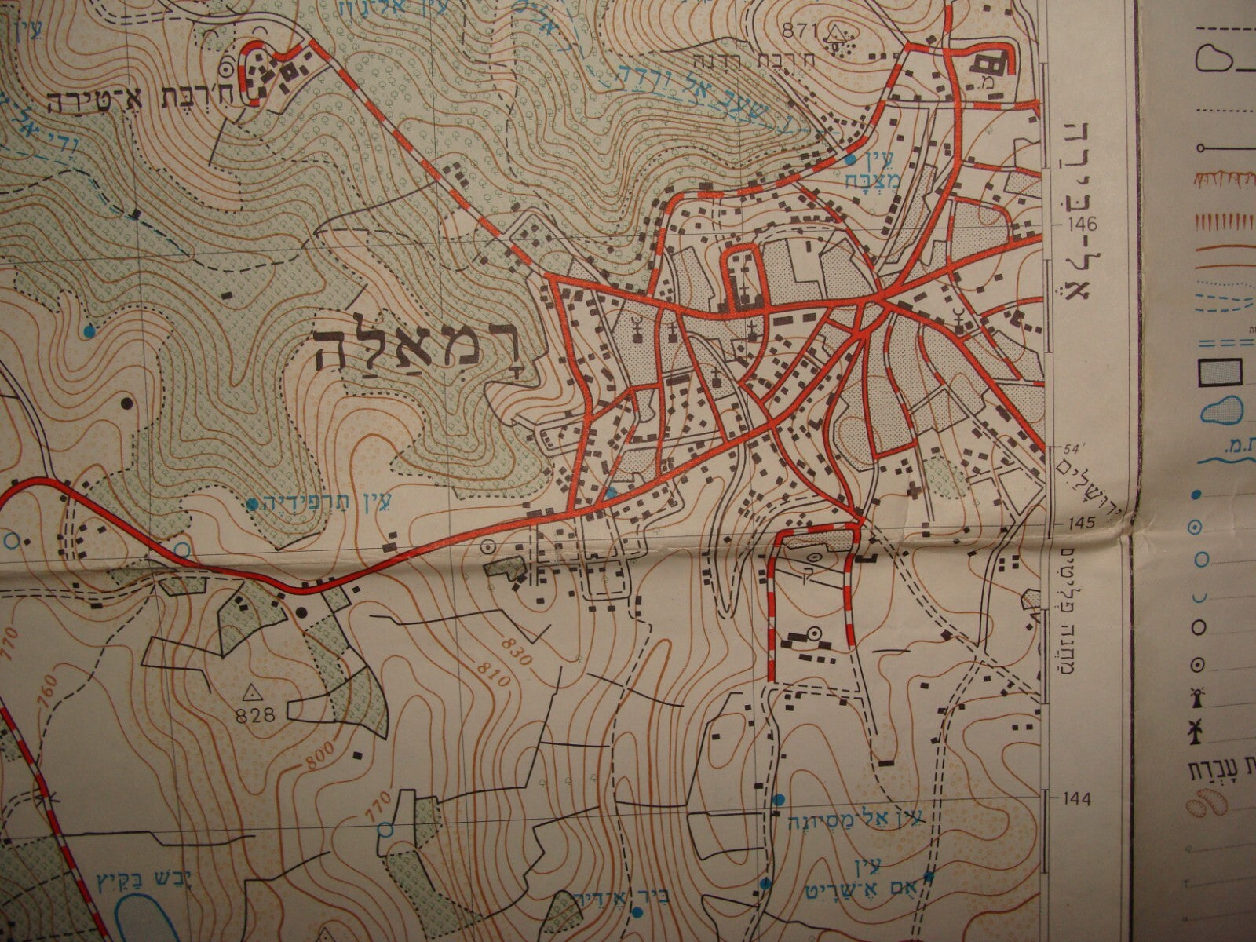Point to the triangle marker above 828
pyautogui.click(x=252, y=692)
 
